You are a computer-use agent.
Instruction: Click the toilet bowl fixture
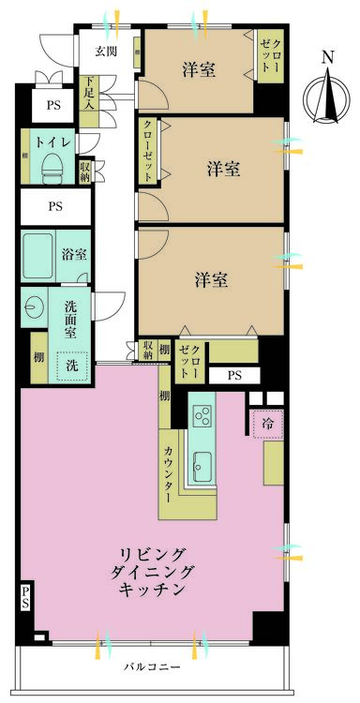53,166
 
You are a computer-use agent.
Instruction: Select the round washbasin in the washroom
36,307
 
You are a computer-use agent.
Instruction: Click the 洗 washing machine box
72,364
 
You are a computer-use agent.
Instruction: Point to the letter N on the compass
327,58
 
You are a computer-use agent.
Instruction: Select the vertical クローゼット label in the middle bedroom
148,150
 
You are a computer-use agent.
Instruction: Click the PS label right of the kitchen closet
233,376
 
